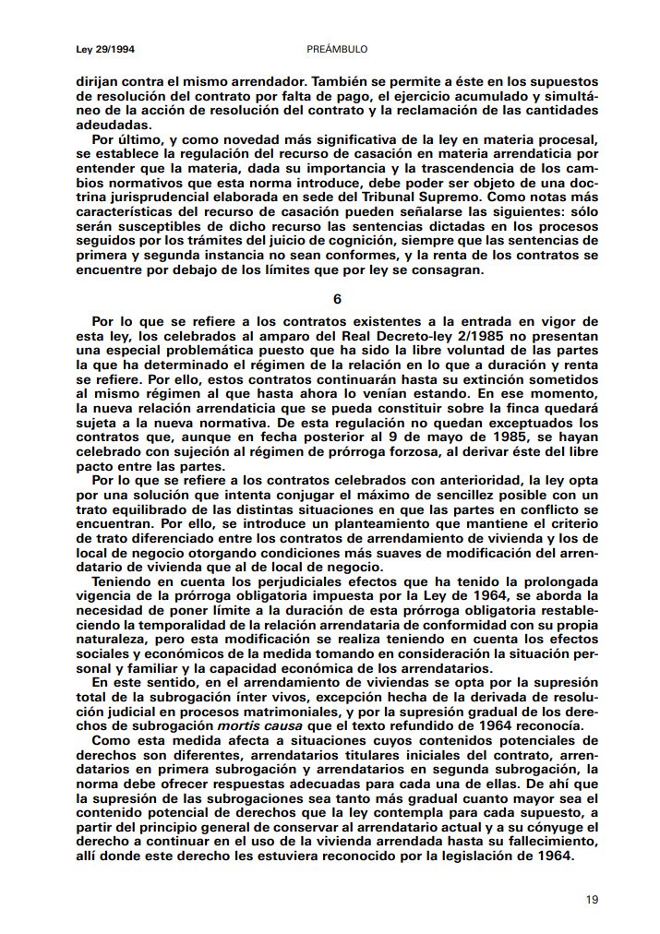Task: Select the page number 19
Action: click(x=592, y=896)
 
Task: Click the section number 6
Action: click(x=337, y=299)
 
